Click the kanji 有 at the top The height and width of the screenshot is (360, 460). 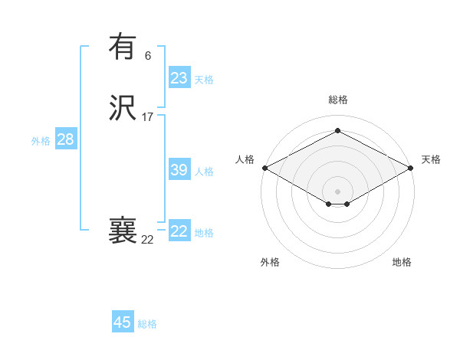pyautogui.click(x=123, y=47)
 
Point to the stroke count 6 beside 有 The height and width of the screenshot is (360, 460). pyautogui.click(x=148, y=55)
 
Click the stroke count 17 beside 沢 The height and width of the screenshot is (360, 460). pyautogui.click(x=148, y=117)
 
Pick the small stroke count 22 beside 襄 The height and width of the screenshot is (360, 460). pyautogui.click(x=148, y=240)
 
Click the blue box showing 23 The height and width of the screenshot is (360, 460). pyautogui.click(x=179, y=78)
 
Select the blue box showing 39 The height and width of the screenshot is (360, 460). pyautogui.click(x=179, y=170)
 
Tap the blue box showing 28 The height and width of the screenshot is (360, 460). pyautogui.click(x=66, y=139)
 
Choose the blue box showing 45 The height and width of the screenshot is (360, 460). pyautogui.click(x=123, y=322)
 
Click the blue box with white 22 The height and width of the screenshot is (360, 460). pyautogui.click(x=179, y=231)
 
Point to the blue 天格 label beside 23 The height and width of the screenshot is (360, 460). pyautogui.click(x=204, y=80)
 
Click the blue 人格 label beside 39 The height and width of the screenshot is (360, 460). pyautogui.click(x=204, y=172)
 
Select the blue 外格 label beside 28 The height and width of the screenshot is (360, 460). pyautogui.click(x=41, y=141)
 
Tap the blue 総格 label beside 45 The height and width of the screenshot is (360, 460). pyautogui.click(x=147, y=324)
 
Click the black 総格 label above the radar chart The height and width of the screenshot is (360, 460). pyautogui.click(x=338, y=100)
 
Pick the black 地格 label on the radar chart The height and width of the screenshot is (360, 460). pyautogui.click(x=402, y=262)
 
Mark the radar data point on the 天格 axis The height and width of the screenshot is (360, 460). pyautogui.click(x=412, y=168)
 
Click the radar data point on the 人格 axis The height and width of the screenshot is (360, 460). pyautogui.click(x=264, y=168)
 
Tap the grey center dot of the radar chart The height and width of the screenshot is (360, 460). pyautogui.click(x=338, y=191)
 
